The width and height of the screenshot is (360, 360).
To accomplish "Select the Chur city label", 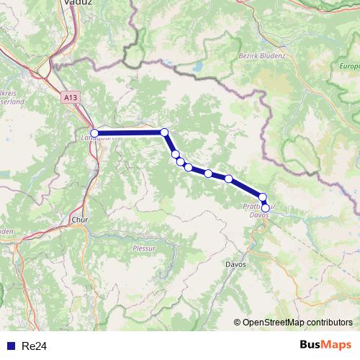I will pyautogui.click(x=79, y=220).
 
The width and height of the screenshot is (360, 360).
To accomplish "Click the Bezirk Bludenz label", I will pyautogui.click(x=261, y=55).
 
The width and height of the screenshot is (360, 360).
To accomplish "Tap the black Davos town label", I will pyautogui.click(x=235, y=264).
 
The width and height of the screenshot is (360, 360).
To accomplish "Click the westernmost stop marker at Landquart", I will pyautogui.click(x=94, y=133).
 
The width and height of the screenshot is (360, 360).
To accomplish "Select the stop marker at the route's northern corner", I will pyautogui.click(x=164, y=132).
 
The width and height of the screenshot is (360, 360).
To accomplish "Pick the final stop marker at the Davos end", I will pyautogui.click(x=265, y=208).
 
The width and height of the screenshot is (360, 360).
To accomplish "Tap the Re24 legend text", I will pyautogui.click(x=34, y=346).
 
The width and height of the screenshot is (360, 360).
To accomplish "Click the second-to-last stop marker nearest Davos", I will pyautogui.click(x=263, y=197).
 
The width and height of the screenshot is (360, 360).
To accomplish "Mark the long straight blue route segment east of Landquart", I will pyautogui.click(x=130, y=132).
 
